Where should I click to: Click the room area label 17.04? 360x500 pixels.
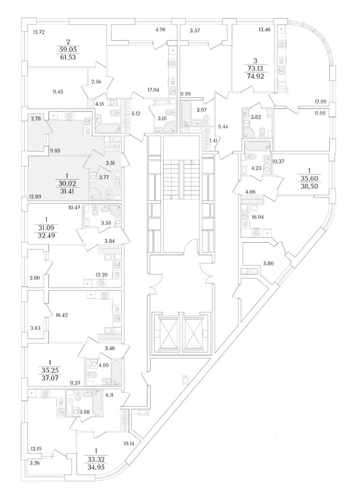tap(153, 90)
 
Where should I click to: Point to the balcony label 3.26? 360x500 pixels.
tap(35, 463)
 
